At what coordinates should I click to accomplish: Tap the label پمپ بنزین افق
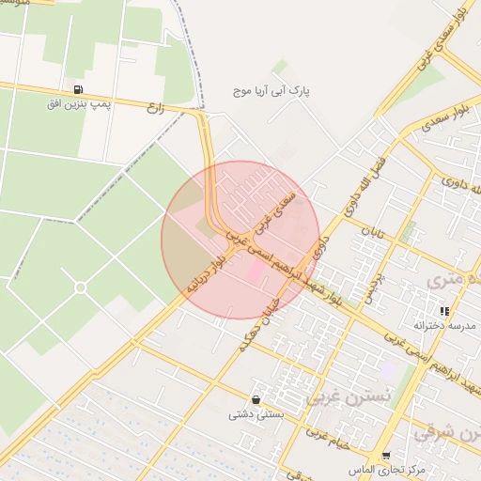click(79, 103)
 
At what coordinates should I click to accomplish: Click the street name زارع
click(156, 108)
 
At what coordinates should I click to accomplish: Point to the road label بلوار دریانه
click(207, 274)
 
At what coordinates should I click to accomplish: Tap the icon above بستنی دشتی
click(256, 399)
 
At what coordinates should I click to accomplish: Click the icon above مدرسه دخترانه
click(444, 310)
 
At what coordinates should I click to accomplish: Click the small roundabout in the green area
click(80, 287)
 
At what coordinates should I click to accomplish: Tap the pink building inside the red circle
click(255, 272)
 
